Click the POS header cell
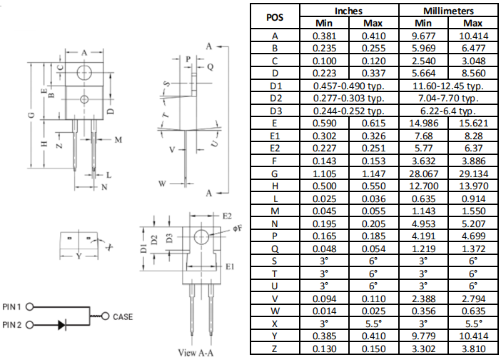coord(274,18)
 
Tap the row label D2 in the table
coord(275,98)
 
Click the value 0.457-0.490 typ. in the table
coord(349,86)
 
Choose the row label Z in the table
coord(275,348)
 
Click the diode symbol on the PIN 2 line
coord(62,324)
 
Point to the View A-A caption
coord(197,352)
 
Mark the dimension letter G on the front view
coord(31,114)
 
